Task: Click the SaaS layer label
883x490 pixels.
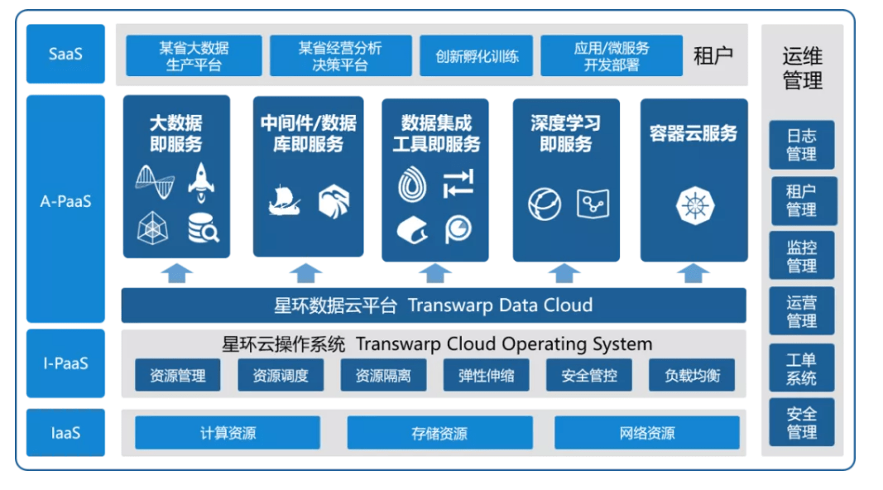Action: click(x=65, y=54)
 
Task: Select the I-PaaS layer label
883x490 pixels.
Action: click(x=65, y=363)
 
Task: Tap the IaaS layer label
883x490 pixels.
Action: click(x=65, y=432)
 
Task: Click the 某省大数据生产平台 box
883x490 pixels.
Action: click(x=194, y=55)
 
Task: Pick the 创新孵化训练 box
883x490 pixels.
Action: click(x=477, y=56)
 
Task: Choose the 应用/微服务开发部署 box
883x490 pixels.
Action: click(x=612, y=55)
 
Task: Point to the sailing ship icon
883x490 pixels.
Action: click(x=285, y=202)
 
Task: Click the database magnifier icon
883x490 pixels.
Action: click(x=203, y=228)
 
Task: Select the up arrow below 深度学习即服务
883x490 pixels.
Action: click(x=564, y=273)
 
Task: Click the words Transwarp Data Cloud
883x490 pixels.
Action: click(x=500, y=305)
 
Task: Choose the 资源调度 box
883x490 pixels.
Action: click(x=281, y=375)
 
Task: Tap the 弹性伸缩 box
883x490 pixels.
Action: click(x=487, y=375)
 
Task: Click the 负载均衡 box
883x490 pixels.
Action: click(x=692, y=375)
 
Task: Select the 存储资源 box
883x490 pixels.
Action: click(x=439, y=433)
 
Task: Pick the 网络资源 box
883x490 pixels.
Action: click(x=646, y=433)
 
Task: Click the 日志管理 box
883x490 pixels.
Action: click(x=801, y=145)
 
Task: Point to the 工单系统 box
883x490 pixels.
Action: click(x=801, y=368)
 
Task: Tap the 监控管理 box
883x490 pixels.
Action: click(x=801, y=256)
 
